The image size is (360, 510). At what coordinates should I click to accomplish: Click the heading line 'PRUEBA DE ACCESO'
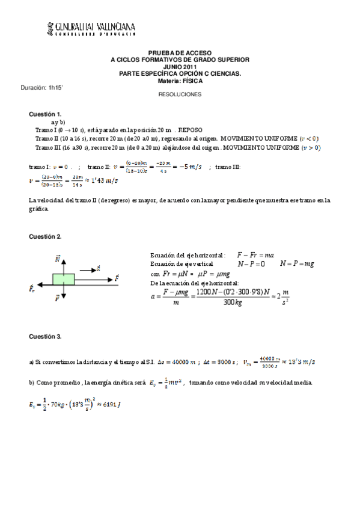(180, 53)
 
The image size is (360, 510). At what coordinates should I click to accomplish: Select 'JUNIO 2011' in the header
(180, 67)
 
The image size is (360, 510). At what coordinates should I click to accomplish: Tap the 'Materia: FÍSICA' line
(180, 80)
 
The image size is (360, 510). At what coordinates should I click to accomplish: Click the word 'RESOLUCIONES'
(180, 94)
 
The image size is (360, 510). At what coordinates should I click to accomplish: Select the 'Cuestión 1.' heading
(46, 114)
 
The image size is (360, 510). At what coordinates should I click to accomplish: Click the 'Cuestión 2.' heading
(46, 236)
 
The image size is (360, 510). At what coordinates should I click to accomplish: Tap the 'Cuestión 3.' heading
(46, 336)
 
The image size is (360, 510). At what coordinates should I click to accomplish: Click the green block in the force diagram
(63, 278)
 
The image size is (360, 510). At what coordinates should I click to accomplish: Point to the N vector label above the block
(58, 259)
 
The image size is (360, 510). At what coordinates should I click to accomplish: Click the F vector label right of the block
(117, 278)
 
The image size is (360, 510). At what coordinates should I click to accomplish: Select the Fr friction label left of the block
(32, 289)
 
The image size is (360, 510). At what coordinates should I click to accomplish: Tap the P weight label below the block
(57, 297)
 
